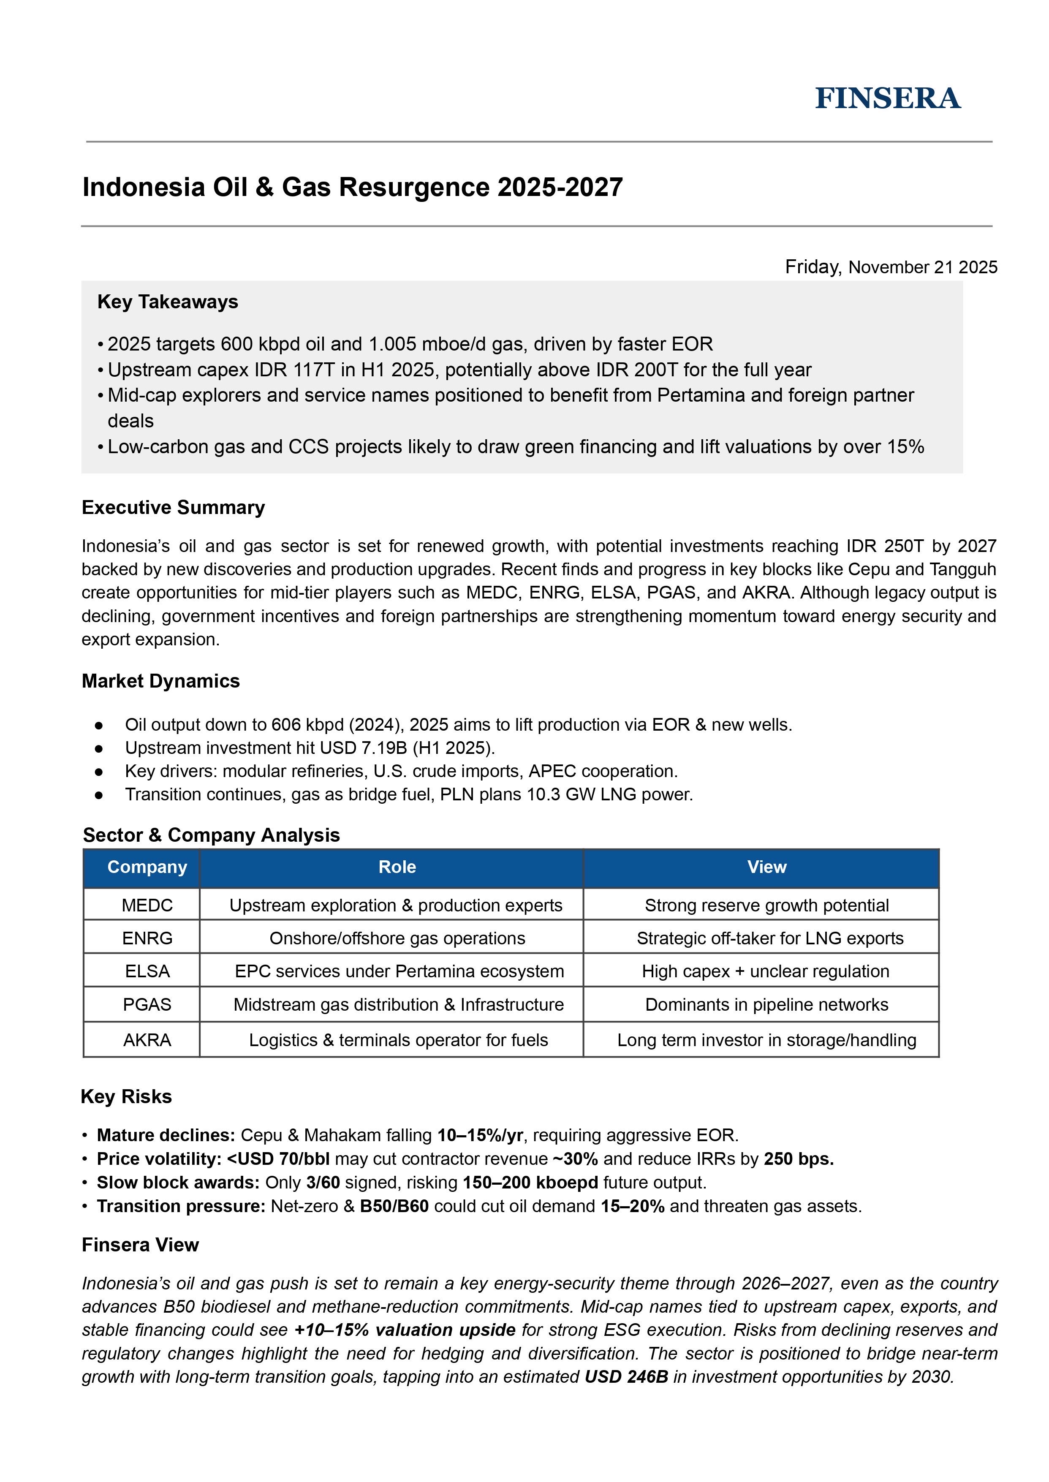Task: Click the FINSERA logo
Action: [888, 98]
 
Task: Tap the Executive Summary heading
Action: [173, 507]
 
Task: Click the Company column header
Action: [147, 867]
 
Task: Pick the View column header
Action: [767, 867]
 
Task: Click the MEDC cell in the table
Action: [147, 905]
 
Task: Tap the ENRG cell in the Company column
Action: [147, 938]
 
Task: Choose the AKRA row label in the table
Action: [147, 1040]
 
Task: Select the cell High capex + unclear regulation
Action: [766, 971]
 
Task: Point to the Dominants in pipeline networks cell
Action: [767, 1005]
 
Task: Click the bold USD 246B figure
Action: [626, 1377]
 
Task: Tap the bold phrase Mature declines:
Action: [166, 1135]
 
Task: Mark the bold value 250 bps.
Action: [799, 1159]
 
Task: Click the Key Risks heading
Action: [127, 1096]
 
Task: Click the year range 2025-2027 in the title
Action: [560, 188]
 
